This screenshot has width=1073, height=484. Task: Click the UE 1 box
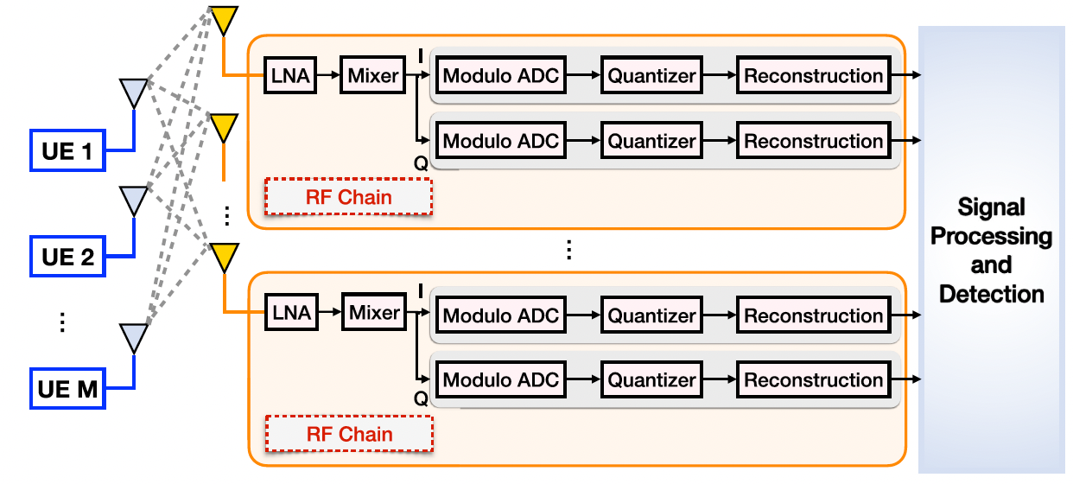(68, 154)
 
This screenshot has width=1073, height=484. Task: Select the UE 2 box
(68, 257)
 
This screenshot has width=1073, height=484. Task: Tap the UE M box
(68, 390)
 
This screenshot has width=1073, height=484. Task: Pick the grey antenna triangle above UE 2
(133, 201)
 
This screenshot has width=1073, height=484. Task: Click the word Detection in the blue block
(991, 294)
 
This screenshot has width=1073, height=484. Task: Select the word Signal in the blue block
(991, 207)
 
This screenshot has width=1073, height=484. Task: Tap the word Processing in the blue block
(991, 236)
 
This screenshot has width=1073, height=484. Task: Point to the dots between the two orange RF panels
(568, 251)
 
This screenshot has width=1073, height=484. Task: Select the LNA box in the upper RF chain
(290, 75)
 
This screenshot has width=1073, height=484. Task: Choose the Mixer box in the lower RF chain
(374, 312)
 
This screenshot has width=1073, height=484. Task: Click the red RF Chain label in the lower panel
(349, 435)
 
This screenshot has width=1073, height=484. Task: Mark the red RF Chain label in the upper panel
(349, 197)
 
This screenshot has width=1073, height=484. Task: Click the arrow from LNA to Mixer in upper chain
(328, 75)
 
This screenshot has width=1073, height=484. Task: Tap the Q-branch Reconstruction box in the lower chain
(813, 380)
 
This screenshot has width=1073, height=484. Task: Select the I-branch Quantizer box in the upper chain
(651, 75)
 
